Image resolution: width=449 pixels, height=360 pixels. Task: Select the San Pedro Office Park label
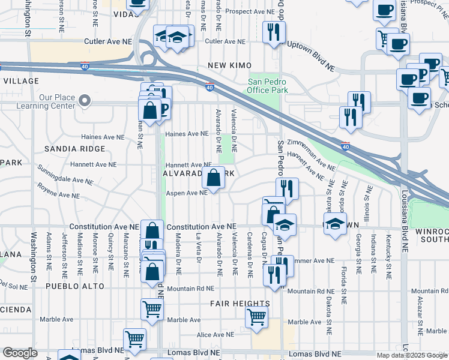click(267, 86)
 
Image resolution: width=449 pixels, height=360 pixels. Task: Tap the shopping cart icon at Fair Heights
click(257, 316)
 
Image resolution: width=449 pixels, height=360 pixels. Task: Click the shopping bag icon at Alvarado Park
click(214, 178)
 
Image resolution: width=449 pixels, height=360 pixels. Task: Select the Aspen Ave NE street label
click(187, 193)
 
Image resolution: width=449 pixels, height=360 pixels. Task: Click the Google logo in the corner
click(20, 353)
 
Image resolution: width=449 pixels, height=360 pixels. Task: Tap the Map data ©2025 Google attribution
click(411, 355)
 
